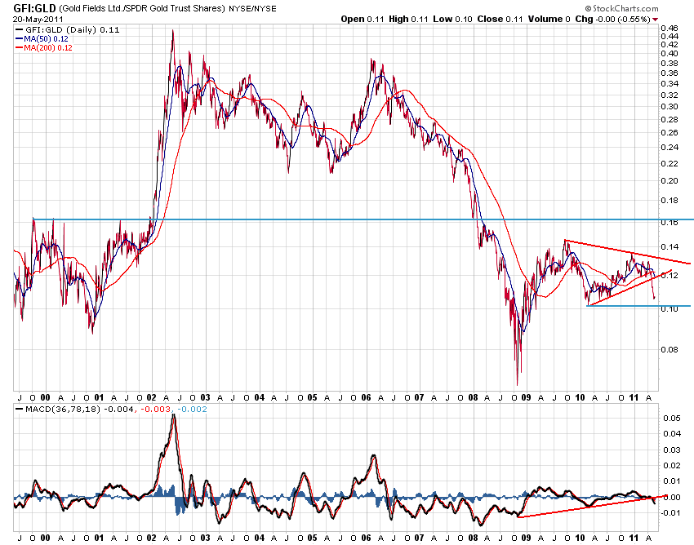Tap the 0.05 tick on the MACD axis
pyautogui.click(x=671, y=418)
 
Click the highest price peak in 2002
pyautogui.click(x=172, y=31)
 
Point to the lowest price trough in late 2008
pyautogui.click(x=517, y=384)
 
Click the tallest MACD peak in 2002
pyautogui.click(x=173, y=415)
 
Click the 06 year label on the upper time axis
pyautogui.click(x=367, y=397)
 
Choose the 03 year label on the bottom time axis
pyautogui.click(x=205, y=538)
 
